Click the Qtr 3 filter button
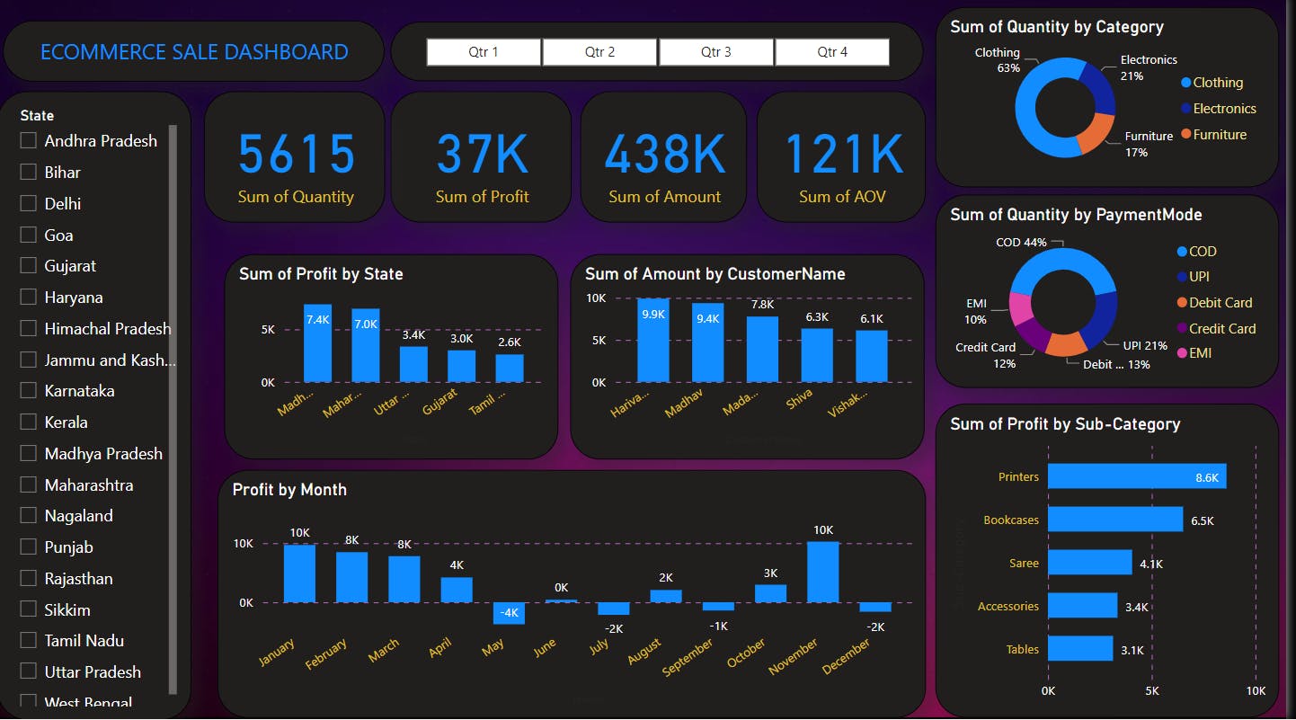pos(715,52)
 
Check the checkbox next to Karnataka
pos(29,391)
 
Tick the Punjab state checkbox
pos(29,547)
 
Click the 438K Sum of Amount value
pos(664,154)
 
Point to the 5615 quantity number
pos(297,154)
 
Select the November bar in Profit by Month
pos(822,573)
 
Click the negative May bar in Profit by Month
pos(509,613)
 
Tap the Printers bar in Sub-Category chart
pos(1136,476)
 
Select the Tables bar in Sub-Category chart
pos(1080,649)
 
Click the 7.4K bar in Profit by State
pos(317,343)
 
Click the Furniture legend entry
pos(1220,135)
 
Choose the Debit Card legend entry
pos(1220,303)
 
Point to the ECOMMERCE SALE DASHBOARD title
pos(194,52)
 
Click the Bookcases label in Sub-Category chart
pos(1010,520)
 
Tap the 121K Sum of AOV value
pos(843,154)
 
